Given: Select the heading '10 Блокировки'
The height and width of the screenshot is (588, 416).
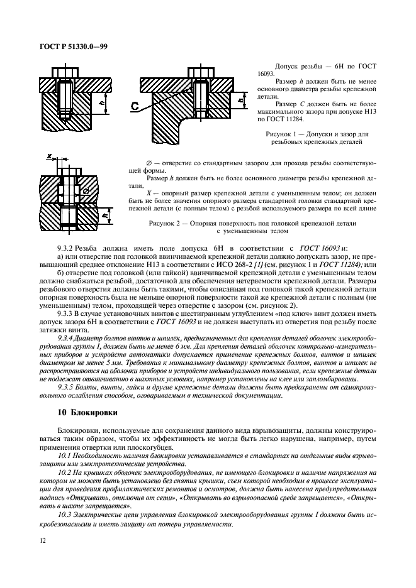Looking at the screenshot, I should pyautogui.click(x=83, y=413).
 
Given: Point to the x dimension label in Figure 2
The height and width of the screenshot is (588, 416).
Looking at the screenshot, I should pyautogui.click(x=50, y=154).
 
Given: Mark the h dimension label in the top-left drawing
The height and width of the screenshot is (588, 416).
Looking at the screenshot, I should pyautogui.click(x=93, y=99).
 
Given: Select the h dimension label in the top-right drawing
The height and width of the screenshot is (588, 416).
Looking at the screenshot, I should pyautogui.click(x=242, y=100).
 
